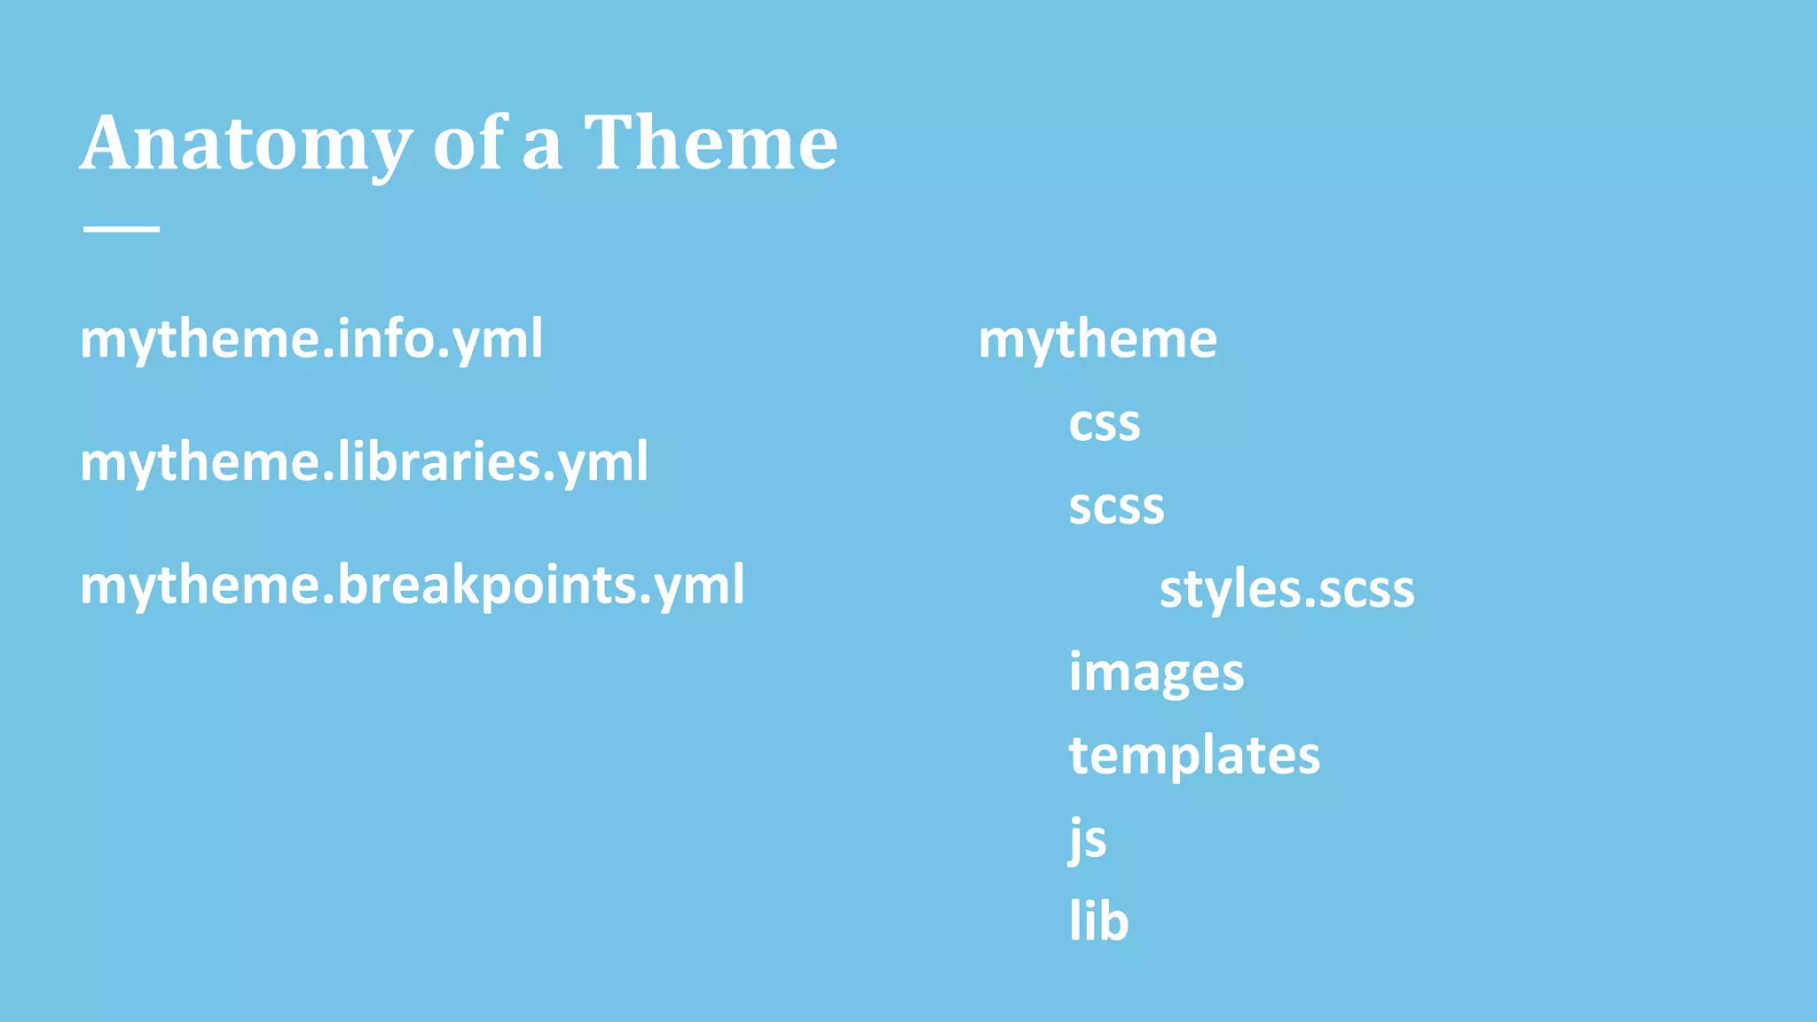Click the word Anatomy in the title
coord(247,144)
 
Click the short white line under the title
coord(122,229)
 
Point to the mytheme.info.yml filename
coord(311,339)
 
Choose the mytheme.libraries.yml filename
coord(364,462)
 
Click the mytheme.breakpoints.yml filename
coord(412,586)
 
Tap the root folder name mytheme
coord(1097,339)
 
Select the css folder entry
coord(1104,423)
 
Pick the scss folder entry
coord(1116,507)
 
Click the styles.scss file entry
coord(1286,589)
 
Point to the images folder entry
coord(1156,672)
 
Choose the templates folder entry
coord(1194,755)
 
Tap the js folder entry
coord(1088,838)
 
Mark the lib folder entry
coord(1098,921)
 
